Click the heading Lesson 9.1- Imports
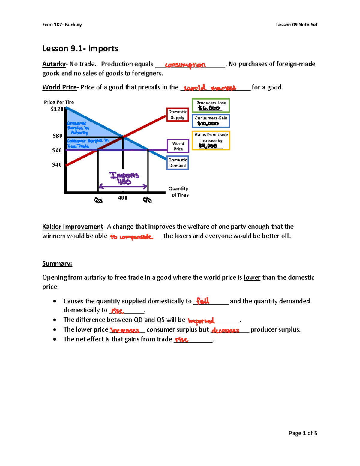[x=80, y=49]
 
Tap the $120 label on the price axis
[x=57, y=109]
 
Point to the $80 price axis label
[x=57, y=136]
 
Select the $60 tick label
[x=57, y=150]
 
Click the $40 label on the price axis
[x=57, y=165]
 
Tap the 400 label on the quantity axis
[x=123, y=198]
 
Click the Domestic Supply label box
[x=178, y=115]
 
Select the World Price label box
[x=178, y=146]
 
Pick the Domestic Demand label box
[x=178, y=163]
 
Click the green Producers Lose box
[x=211, y=106]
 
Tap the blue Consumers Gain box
[x=211, y=121]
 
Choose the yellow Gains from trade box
[x=211, y=140]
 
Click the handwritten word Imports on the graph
[x=124, y=175]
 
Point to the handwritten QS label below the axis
[x=98, y=200]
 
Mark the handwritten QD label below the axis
[x=147, y=200]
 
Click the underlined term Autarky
[x=54, y=64]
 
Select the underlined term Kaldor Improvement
[x=73, y=227]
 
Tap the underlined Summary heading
[x=57, y=263]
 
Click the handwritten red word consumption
[x=185, y=65]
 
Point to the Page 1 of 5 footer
[x=303, y=433]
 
